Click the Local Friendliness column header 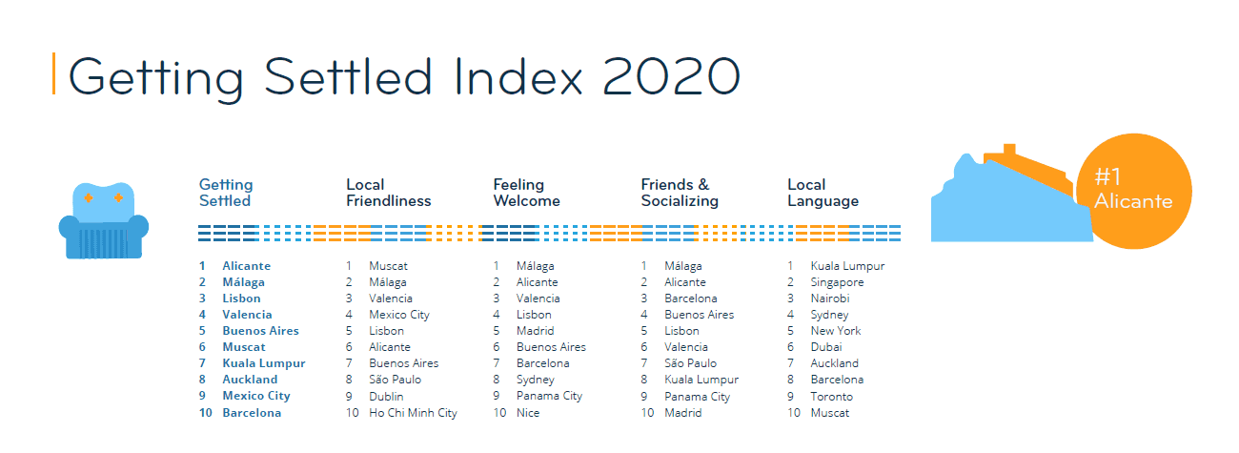[x=388, y=193]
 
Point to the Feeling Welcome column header [x=526, y=193]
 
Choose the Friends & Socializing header [x=679, y=193]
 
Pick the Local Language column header [x=823, y=193]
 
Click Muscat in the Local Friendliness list [x=388, y=266]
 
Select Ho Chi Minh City [x=413, y=413]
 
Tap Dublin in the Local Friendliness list [x=386, y=397]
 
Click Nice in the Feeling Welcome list [x=528, y=413]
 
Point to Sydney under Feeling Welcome [x=535, y=380]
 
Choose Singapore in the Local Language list [x=837, y=282]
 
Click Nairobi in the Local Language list [x=830, y=299]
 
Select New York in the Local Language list [x=835, y=331]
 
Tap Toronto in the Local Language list [x=831, y=397]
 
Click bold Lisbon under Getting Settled [x=241, y=299]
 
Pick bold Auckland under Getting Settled [x=250, y=380]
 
